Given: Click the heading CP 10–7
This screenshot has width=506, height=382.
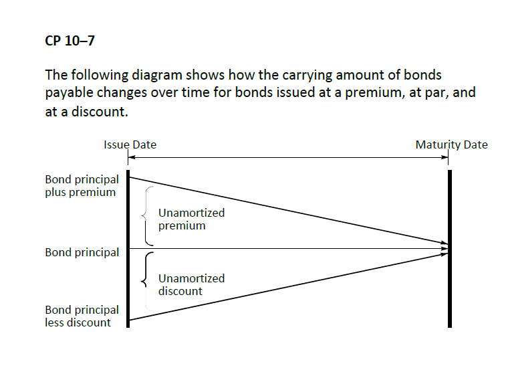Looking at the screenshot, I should [x=70, y=41].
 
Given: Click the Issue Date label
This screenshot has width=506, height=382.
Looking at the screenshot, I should [x=130, y=145].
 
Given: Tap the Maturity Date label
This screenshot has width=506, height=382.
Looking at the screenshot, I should [x=451, y=145].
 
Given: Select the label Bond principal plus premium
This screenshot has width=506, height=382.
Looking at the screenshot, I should [x=82, y=186].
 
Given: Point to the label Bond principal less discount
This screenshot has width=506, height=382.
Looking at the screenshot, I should [x=82, y=316].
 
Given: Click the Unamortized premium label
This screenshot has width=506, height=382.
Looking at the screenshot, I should [x=191, y=219].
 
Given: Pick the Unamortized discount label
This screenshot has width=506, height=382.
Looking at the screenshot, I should [x=191, y=285].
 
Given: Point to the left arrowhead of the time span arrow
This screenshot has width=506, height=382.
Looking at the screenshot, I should [x=131, y=158].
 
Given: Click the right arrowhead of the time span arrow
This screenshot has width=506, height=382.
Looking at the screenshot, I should [x=446, y=158].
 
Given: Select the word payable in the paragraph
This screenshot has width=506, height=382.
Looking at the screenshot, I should [x=68, y=94].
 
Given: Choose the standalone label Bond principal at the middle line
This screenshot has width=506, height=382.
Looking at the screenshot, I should [x=82, y=253].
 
